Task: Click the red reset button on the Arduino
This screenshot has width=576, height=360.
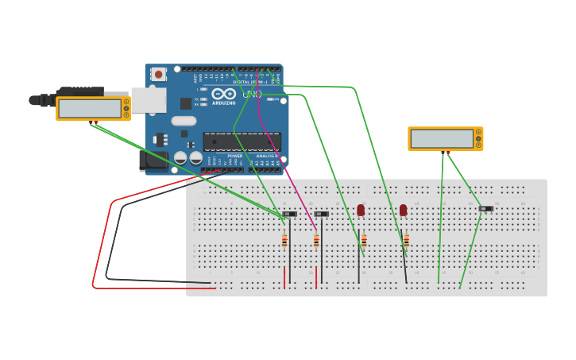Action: pos(158,74)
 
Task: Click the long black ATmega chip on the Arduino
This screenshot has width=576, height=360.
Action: pos(242,141)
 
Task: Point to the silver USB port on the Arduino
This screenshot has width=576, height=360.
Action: pos(148,100)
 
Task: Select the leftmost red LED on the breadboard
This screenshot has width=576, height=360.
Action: pos(361,210)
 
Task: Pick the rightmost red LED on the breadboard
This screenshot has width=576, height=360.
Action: pos(404,210)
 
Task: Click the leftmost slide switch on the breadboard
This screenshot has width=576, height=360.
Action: pos(289,214)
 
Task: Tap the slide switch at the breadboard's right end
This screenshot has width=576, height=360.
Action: pos(485,208)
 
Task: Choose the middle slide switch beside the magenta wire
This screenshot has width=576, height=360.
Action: pos(321,214)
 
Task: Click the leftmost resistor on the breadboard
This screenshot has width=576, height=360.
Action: pos(284,240)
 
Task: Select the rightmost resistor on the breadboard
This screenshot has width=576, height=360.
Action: pos(406,240)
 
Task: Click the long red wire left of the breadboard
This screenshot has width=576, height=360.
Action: pos(99,238)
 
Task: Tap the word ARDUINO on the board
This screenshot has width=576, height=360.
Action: pos(223,103)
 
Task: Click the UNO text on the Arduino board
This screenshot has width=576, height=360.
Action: pos(252,94)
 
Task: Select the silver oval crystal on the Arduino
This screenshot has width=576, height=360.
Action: pos(184,121)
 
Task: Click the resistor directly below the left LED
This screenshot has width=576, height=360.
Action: pos(363,240)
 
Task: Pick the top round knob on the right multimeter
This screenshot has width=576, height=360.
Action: pos(478,132)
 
